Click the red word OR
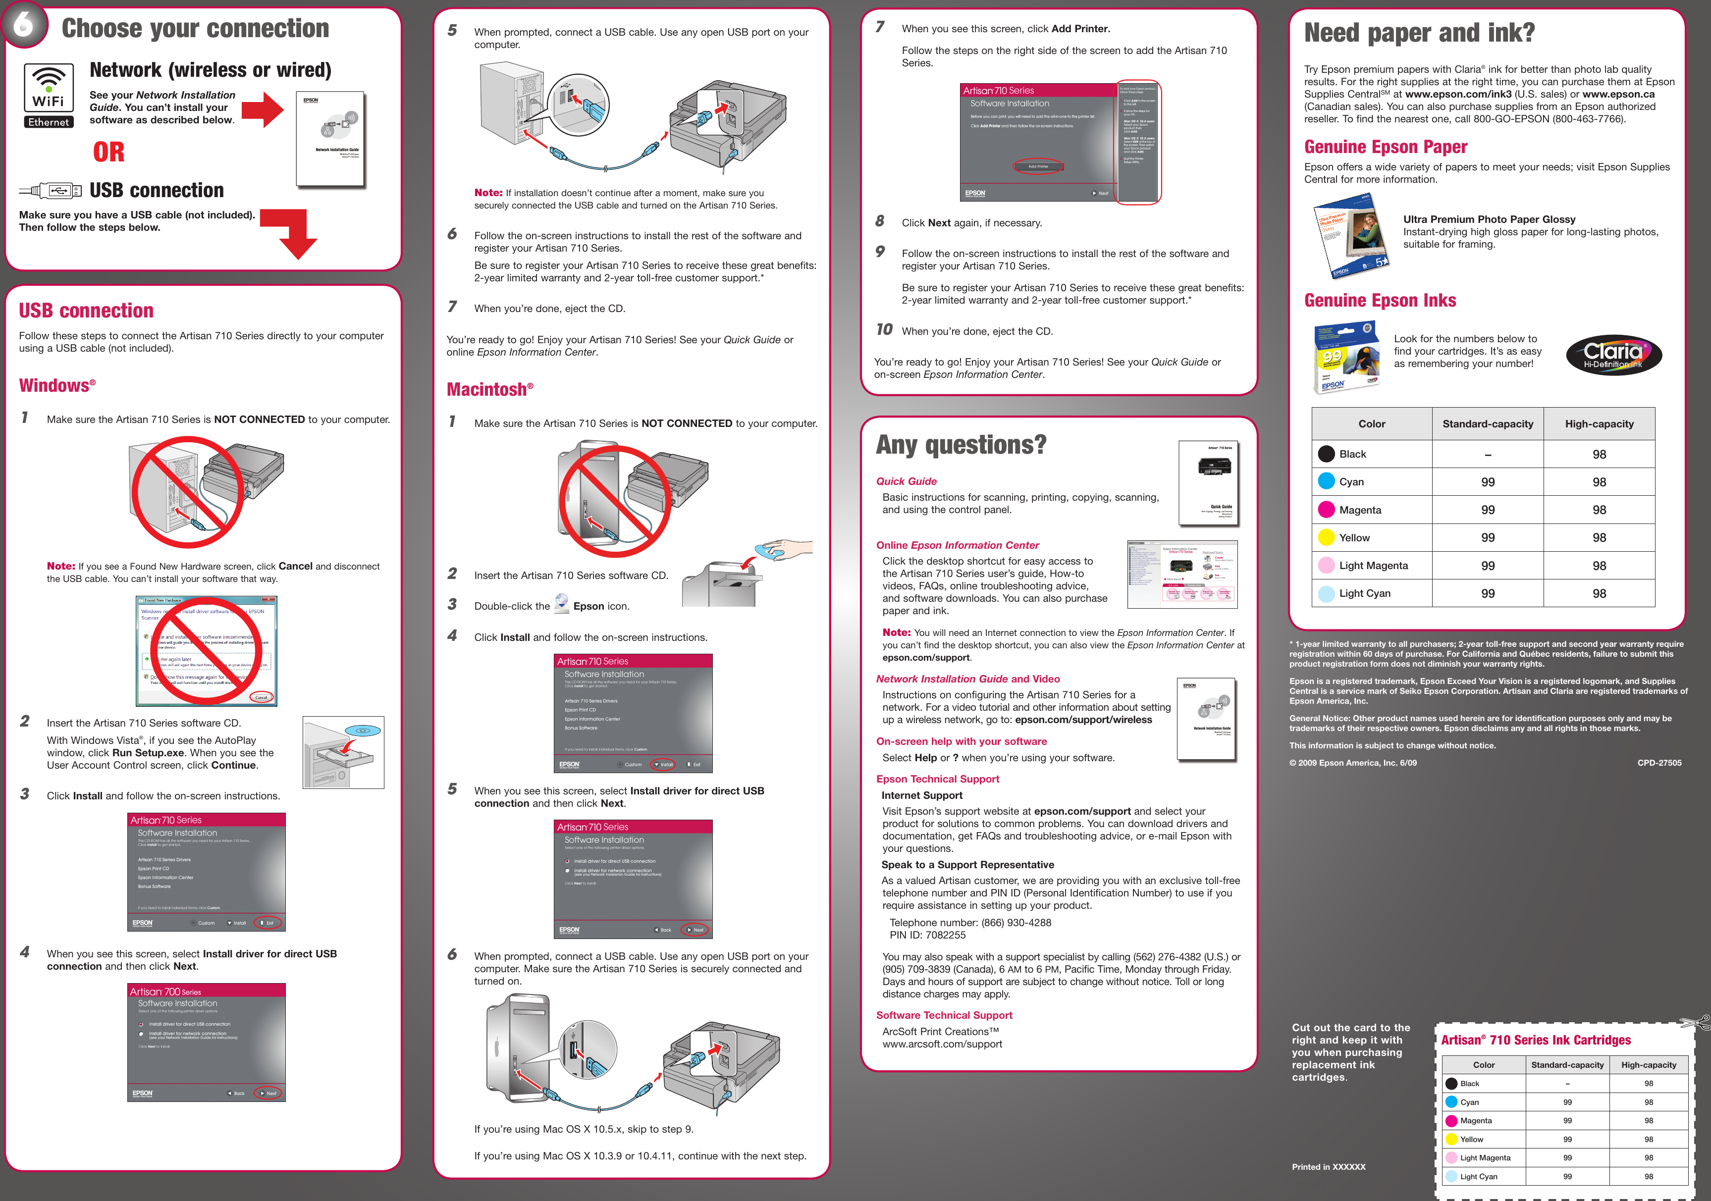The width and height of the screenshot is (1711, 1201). click(109, 152)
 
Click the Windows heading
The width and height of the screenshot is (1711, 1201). click(56, 385)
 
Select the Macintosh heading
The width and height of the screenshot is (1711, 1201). click(489, 389)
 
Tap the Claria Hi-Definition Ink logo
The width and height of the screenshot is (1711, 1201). click(1613, 355)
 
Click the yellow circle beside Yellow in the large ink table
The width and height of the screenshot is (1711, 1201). click(1327, 537)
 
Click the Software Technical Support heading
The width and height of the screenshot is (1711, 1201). click(944, 1015)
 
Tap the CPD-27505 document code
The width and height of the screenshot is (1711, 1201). click(1659, 763)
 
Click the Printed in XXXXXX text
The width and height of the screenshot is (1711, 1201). click(1328, 1167)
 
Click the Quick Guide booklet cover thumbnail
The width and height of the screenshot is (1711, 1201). click(1208, 483)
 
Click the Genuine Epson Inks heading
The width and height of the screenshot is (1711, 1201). click(1380, 300)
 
